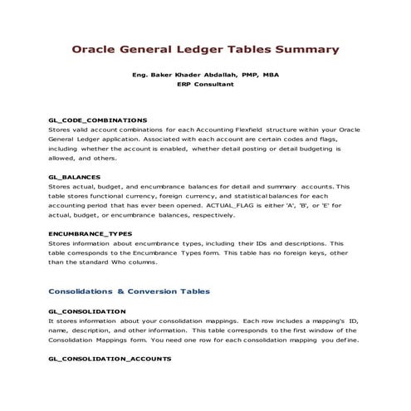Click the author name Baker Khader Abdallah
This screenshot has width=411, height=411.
(x=194, y=75)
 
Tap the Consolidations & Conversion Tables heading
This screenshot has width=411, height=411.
(x=129, y=291)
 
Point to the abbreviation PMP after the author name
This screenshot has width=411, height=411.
(x=246, y=75)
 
